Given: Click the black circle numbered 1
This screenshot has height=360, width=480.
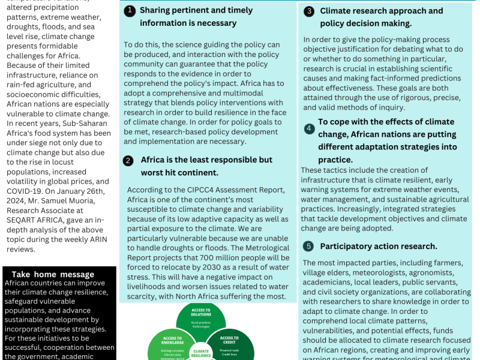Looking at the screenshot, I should coord(129,11).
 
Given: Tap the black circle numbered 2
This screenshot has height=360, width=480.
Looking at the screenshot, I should coord(128,160).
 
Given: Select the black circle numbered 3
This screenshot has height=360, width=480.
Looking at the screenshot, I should coord(309,11).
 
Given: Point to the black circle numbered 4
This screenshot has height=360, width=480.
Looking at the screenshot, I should coord(308,128).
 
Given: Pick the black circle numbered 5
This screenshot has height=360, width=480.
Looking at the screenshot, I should coord(308,246).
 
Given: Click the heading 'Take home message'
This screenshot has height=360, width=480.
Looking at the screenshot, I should coord(53,274).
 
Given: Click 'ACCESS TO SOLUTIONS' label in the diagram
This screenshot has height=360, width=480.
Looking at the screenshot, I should coord(201,313).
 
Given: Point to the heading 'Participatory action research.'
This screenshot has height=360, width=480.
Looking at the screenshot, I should coord(378,246).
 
